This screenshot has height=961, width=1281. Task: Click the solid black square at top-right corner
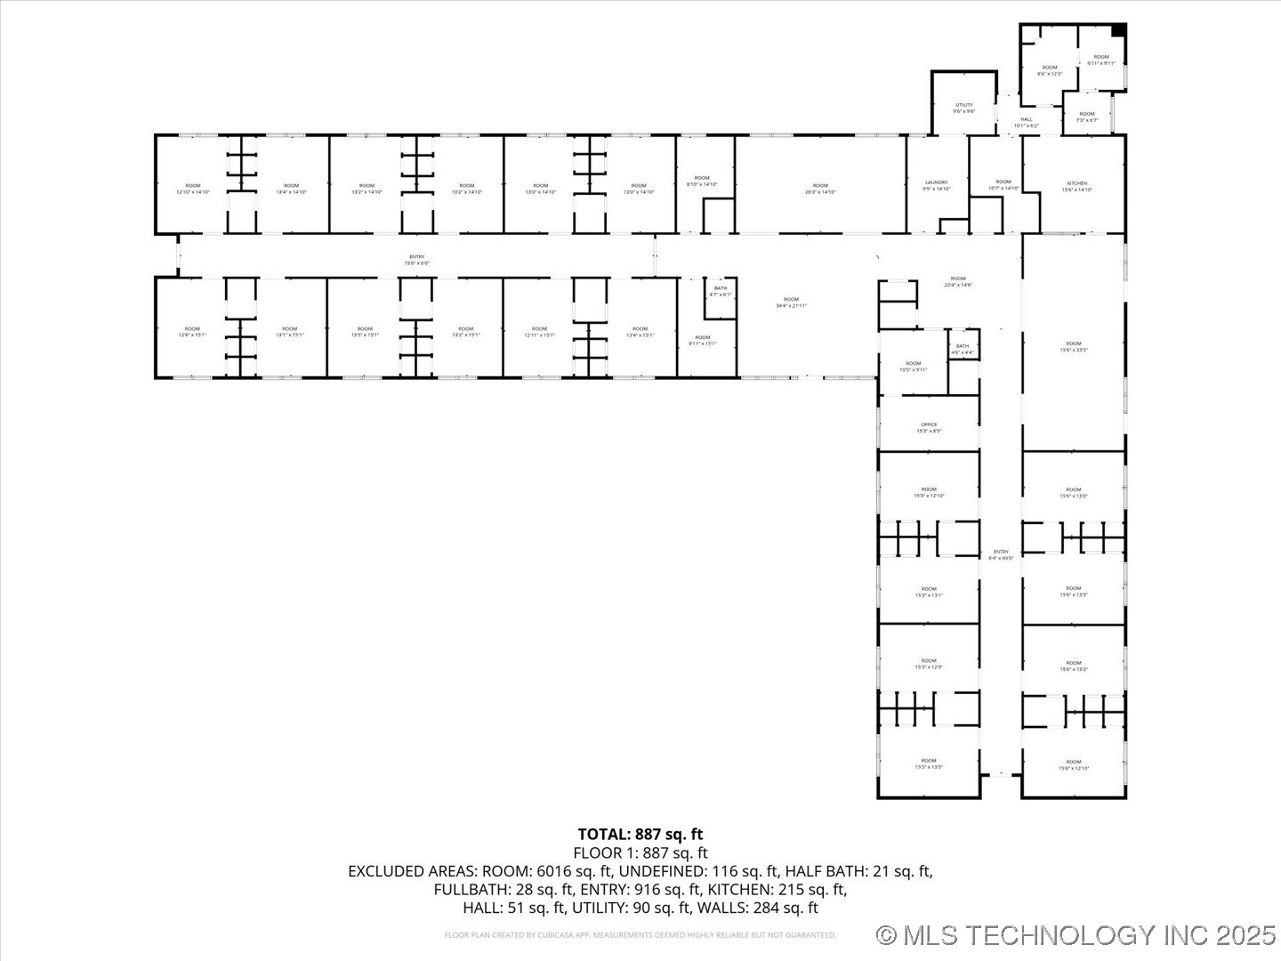1119,30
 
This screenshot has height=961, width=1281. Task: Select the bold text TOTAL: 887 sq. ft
640,834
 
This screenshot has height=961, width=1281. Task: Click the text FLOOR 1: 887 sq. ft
640,852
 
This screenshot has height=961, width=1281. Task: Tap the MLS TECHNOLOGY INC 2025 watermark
1076,935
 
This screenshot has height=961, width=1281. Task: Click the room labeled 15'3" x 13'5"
929,763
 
